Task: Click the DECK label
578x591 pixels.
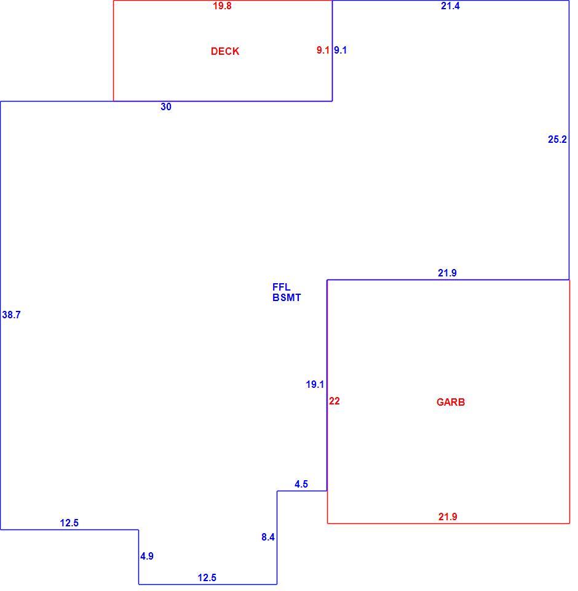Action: (225, 51)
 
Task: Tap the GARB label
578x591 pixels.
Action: (450, 402)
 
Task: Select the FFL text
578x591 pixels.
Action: (281, 287)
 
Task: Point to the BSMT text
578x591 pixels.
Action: (287, 298)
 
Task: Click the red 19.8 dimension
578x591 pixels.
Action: (222, 6)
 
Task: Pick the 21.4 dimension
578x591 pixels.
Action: (450, 6)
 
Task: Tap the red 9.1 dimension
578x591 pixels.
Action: (323, 50)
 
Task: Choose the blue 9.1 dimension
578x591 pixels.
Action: (340, 50)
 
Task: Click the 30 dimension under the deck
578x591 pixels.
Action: (165, 107)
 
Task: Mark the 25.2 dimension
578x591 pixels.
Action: (557, 140)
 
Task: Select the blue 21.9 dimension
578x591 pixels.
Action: (447, 273)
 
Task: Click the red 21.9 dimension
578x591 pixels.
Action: (448, 517)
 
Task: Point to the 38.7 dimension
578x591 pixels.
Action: (11, 315)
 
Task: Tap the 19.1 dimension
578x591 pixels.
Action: (315, 384)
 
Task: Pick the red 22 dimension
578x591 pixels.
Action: (334, 401)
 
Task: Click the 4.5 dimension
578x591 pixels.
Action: (301, 484)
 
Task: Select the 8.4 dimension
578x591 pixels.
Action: (267, 537)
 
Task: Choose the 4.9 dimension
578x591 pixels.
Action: (147, 557)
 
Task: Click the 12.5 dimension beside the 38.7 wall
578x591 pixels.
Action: (69, 523)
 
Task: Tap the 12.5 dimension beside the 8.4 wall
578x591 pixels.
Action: (207, 578)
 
